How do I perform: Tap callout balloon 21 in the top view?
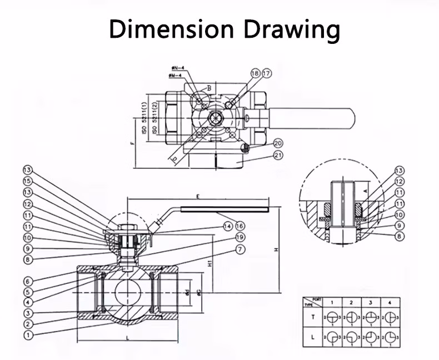(278, 157)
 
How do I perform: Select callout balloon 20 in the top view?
(278, 143)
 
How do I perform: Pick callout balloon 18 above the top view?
(255, 73)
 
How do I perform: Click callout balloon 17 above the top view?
(267, 73)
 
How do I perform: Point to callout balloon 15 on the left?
(28, 181)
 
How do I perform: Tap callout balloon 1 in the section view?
(28, 335)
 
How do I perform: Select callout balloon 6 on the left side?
(28, 282)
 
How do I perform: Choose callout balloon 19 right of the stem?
(240, 237)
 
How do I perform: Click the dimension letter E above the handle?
(197, 196)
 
